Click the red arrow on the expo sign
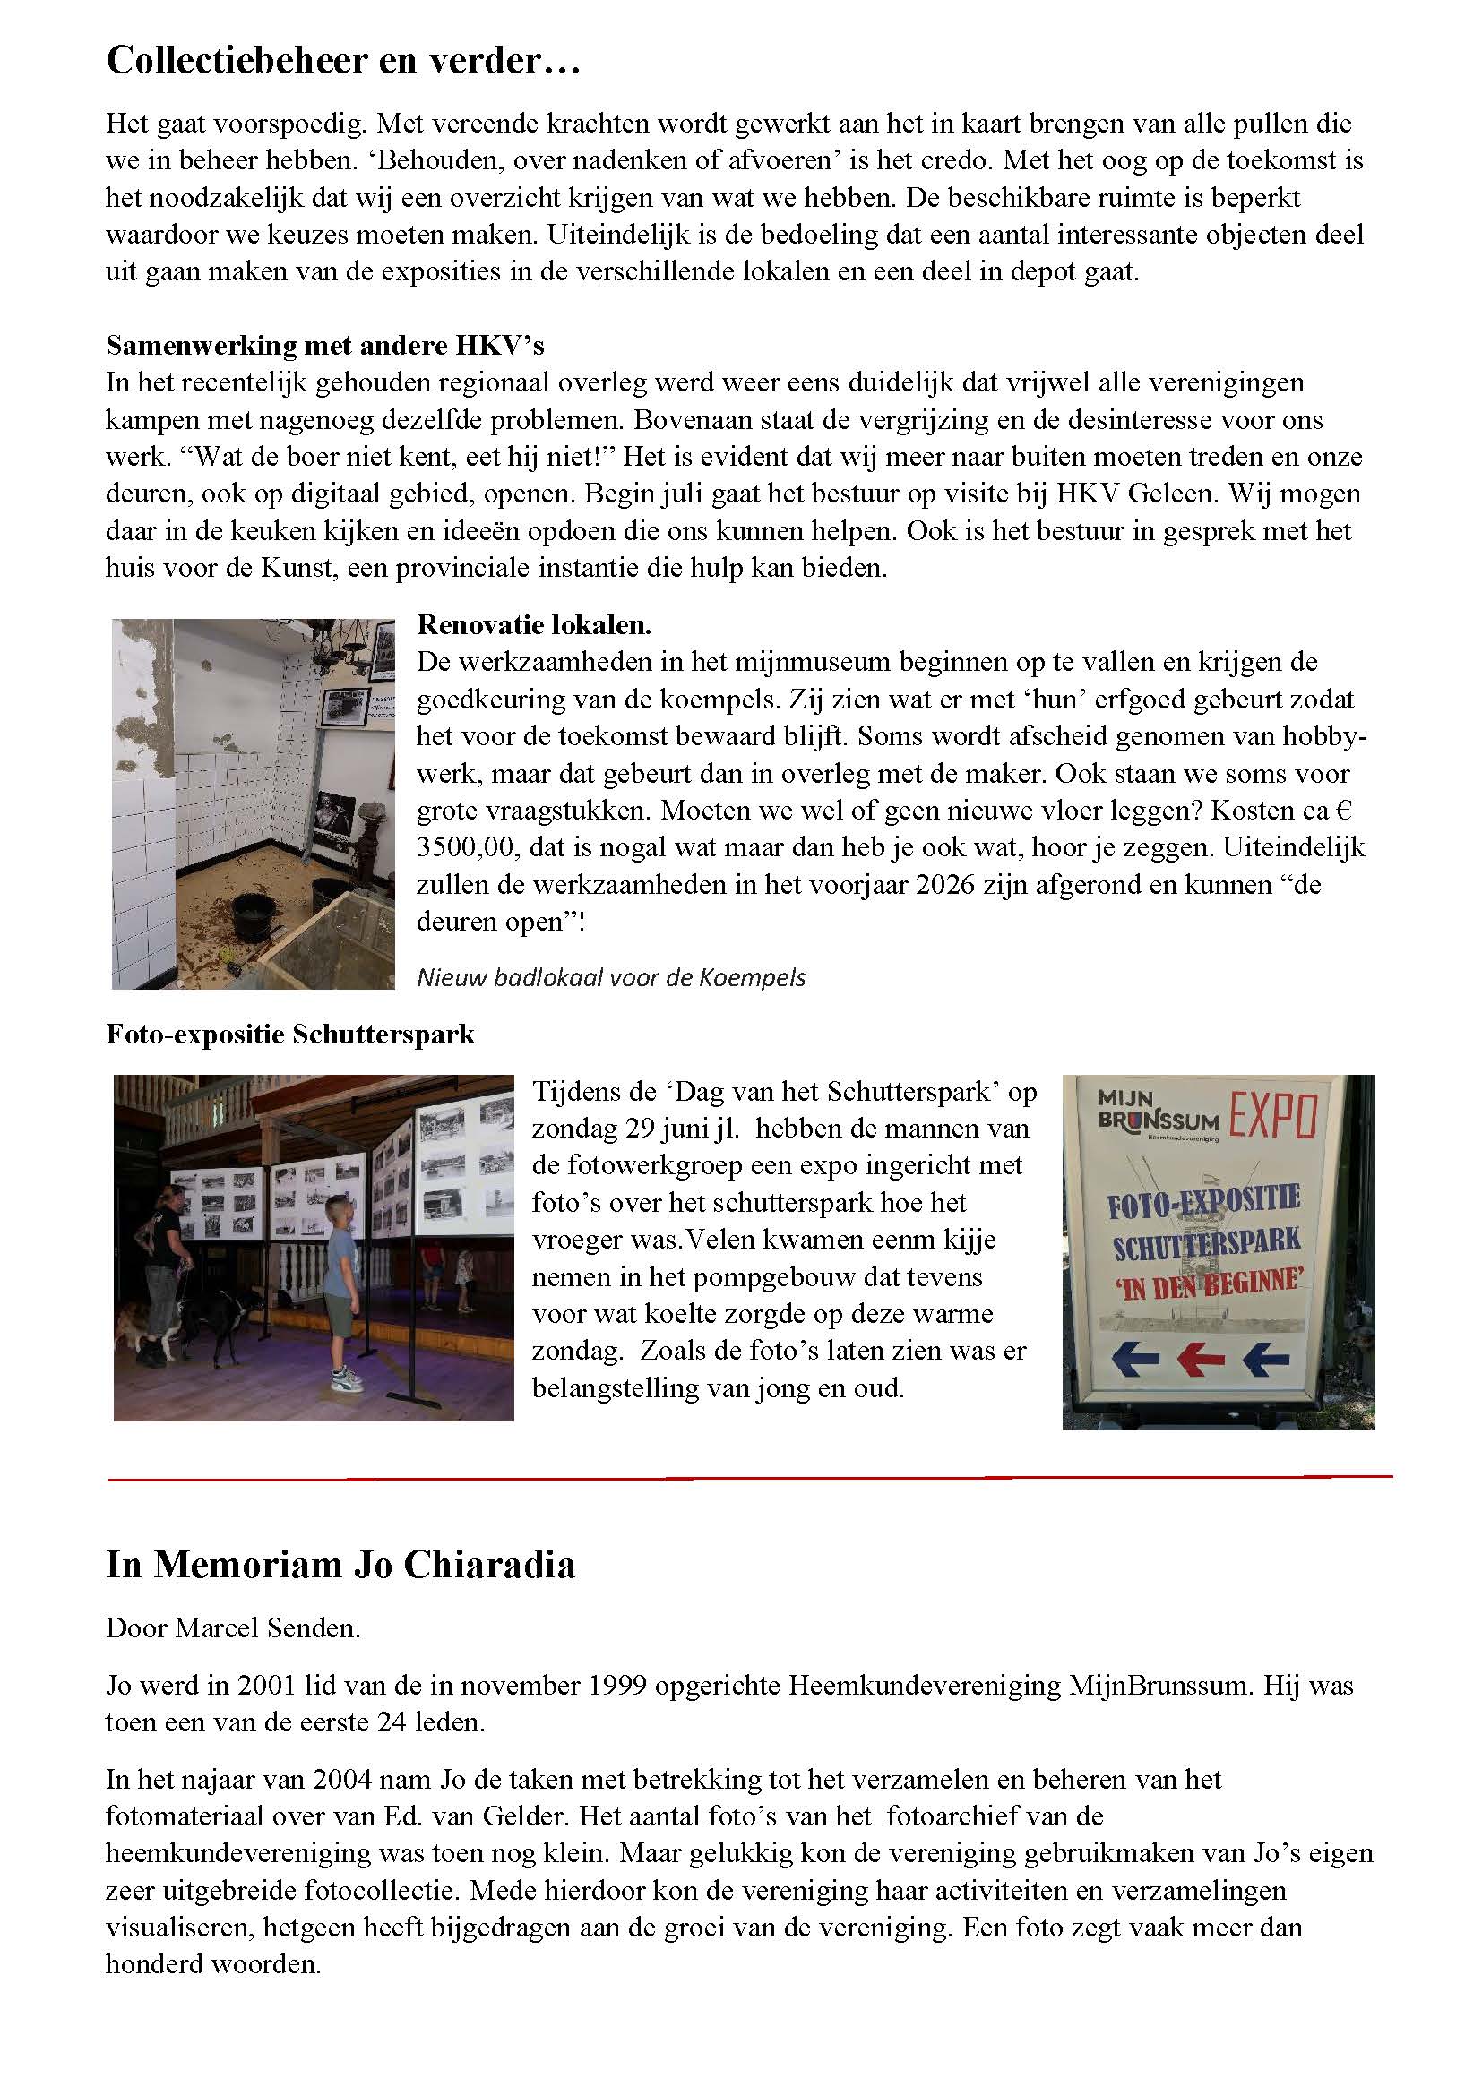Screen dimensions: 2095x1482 tap(1201, 1360)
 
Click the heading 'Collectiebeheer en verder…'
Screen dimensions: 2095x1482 tap(343, 61)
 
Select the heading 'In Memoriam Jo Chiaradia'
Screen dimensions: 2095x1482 tap(340, 1565)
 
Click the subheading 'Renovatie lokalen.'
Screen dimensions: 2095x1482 tap(534, 625)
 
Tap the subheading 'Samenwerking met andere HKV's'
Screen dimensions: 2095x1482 tap(325, 345)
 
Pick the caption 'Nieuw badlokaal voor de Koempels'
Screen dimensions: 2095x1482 tap(611, 978)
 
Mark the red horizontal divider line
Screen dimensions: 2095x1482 tap(748, 1476)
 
